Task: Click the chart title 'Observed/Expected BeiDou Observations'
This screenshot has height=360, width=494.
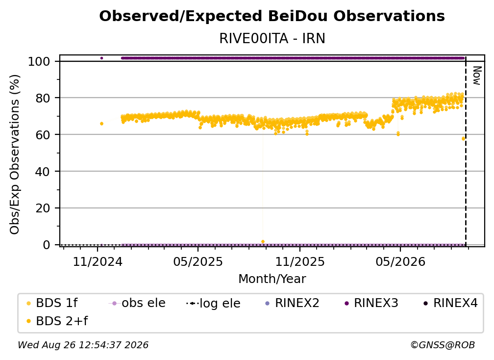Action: pyautogui.click(x=272, y=16)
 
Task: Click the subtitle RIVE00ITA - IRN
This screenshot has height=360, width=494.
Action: pyautogui.click(x=272, y=38)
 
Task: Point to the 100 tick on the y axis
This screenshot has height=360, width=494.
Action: pyautogui.click(x=39, y=61)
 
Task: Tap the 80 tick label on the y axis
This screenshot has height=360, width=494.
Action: pyautogui.click(x=43, y=98)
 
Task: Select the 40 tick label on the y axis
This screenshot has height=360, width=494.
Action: pyautogui.click(x=43, y=172)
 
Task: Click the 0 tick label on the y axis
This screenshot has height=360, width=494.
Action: pyautogui.click(x=47, y=245)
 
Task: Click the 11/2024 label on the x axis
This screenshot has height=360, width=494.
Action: pyautogui.click(x=98, y=261)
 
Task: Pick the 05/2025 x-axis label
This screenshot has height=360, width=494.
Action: pyautogui.click(x=198, y=261)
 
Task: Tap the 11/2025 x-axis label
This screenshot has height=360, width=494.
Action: pyautogui.click(x=300, y=261)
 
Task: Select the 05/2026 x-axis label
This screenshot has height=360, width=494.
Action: pyautogui.click(x=400, y=261)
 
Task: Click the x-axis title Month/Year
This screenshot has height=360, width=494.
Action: pyautogui.click(x=272, y=279)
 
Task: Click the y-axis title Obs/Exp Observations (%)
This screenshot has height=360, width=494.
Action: pyautogui.click(x=15, y=154)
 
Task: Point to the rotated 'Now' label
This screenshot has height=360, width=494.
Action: pyautogui.click(x=477, y=76)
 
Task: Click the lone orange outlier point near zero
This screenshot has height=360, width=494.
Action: pyautogui.click(x=263, y=242)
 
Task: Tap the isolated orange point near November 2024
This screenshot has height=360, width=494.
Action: pyautogui.click(x=101, y=124)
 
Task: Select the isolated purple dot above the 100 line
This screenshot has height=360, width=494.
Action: pyautogui.click(x=101, y=58)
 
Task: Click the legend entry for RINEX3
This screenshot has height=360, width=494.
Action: pyautogui.click(x=371, y=303)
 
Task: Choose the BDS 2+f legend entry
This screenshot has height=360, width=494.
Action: pyautogui.click(x=57, y=321)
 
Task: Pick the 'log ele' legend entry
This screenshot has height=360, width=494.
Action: pyautogui.click(x=213, y=303)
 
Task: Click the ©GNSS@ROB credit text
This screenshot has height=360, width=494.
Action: pyautogui.click(x=443, y=345)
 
